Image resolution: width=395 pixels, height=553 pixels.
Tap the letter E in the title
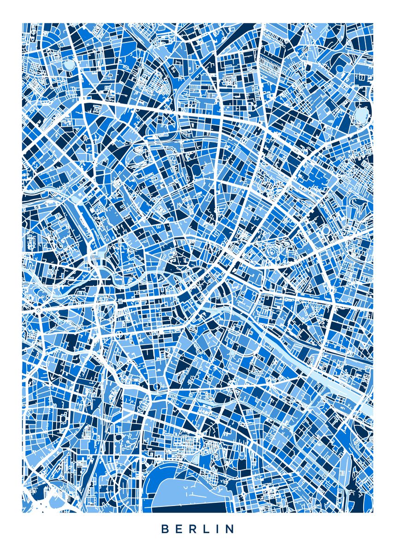(x=180, y=529)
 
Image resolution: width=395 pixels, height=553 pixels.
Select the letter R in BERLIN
(x=194, y=529)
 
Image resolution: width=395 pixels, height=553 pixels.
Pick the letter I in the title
(x=219, y=529)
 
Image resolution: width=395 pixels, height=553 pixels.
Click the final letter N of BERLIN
(x=230, y=529)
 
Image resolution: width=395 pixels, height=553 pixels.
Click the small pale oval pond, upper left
(x=69, y=65)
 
